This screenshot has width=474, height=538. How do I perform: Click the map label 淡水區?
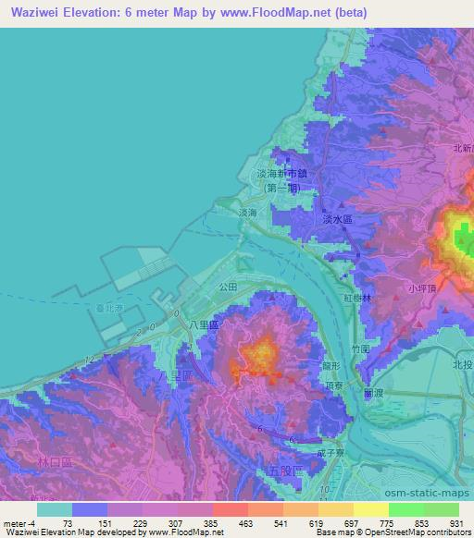pyautogui.click(x=338, y=220)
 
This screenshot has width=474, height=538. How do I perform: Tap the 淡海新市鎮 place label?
pyautogui.click(x=281, y=174)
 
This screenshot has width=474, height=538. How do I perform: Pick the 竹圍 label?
pyautogui.click(x=361, y=349)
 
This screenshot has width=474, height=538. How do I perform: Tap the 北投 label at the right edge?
pyautogui.click(x=462, y=364)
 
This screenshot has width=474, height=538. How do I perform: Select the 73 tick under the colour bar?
pyautogui.click(x=68, y=523)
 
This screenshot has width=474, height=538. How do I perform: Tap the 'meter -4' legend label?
pyautogui.click(x=19, y=523)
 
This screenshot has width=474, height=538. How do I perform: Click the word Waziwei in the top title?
pyautogui.click(x=40, y=12)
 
